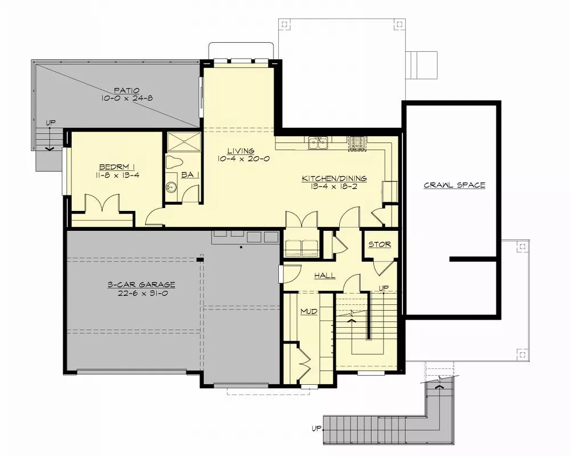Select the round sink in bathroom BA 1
[x=170, y=186]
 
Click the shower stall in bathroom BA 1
[x=183, y=142]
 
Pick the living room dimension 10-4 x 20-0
[x=243, y=159]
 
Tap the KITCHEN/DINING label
[x=334, y=178]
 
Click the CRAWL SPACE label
[x=454, y=185]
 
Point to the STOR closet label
[x=380, y=245]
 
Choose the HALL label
[x=325, y=276]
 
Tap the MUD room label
[x=308, y=312]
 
